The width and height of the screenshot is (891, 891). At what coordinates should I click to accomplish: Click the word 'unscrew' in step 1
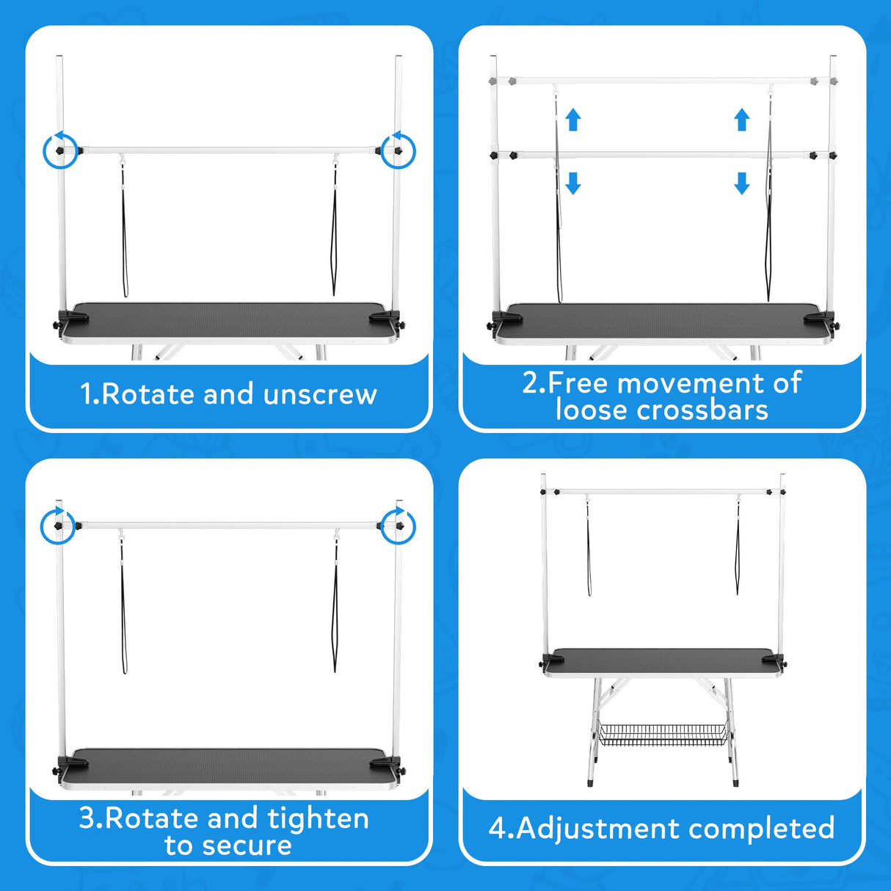[320, 395]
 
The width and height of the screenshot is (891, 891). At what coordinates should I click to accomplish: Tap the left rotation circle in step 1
[60, 151]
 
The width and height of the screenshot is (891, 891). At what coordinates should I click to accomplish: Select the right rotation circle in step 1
[398, 150]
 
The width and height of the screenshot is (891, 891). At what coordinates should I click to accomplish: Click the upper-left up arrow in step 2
[573, 120]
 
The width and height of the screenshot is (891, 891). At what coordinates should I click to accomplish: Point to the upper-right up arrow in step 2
[742, 120]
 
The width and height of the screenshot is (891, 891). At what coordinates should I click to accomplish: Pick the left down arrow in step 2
[573, 183]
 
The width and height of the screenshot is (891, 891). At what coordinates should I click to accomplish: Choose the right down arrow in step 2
[742, 183]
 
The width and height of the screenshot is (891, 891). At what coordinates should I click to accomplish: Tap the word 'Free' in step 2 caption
[579, 383]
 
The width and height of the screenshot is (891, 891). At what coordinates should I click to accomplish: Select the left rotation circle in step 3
[57, 525]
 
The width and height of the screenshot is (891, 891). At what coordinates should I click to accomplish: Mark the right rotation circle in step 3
[398, 525]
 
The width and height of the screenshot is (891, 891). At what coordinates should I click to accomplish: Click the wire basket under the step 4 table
[663, 735]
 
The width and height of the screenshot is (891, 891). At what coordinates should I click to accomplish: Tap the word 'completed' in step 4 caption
[761, 829]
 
